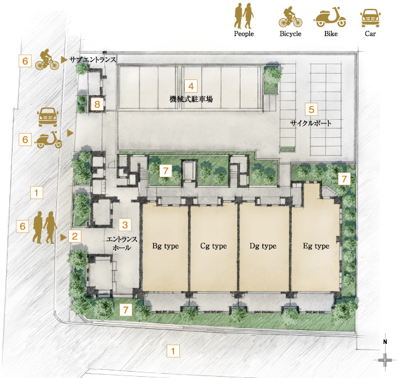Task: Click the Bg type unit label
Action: click(x=165, y=246)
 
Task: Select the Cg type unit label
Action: click(x=213, y=246)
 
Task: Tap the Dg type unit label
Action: click(x=263, y=246)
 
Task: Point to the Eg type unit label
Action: click(x=316, y=246)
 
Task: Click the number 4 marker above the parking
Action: click(x=191, y=86)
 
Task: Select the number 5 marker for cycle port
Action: click(x=311, y=110)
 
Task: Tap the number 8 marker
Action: click(x=97, y=104)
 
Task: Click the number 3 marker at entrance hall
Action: click(x=125, y=225)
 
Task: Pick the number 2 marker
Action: click(x=74, y=236)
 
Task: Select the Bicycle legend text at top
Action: click(x=290, y=34)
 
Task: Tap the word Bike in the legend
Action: click(x=331, y=34)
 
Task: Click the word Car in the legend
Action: click(x=370, y=34)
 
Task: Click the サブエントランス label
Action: click(x=93, y=60)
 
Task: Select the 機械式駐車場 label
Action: click(x=191, y=99)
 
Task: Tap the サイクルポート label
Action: click(x=311, y=123)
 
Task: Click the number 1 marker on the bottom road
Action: click(x=173, y=351)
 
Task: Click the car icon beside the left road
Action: click(x=48, y=117)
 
